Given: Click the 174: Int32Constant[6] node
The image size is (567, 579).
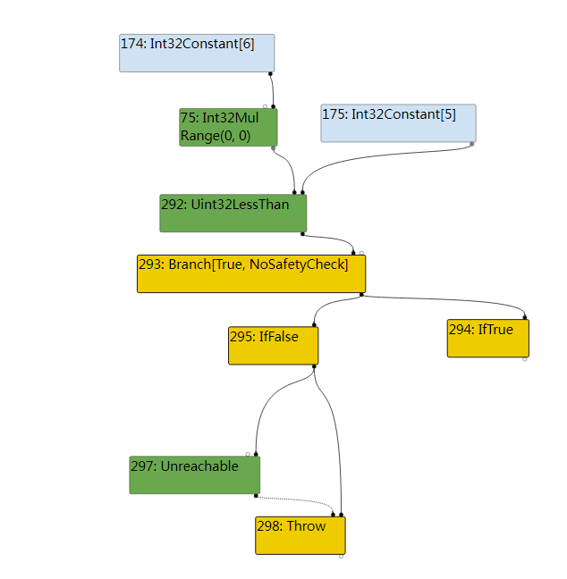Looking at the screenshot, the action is point(197,54).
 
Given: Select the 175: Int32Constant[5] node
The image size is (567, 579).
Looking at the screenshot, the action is point(398,123).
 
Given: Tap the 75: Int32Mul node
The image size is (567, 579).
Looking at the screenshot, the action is point(228,128).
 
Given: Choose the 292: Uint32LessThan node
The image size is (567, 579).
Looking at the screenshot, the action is point(233,214).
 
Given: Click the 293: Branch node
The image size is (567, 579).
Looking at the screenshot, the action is point(251,273).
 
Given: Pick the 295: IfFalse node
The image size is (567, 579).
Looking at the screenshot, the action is point(273,346).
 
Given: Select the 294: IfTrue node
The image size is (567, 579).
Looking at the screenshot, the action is point(488,339).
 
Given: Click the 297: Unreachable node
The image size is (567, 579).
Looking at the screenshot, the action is point(194,474).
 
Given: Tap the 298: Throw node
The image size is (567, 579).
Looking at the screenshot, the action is point(300,535).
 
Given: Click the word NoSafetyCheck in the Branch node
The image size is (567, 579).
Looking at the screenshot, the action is point(299,264).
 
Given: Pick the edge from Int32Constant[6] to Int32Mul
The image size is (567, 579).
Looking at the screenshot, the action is point(273,90).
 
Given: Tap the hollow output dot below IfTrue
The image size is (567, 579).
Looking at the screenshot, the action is point(524,359).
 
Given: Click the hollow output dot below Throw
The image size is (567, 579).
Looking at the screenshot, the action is point(341,556).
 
